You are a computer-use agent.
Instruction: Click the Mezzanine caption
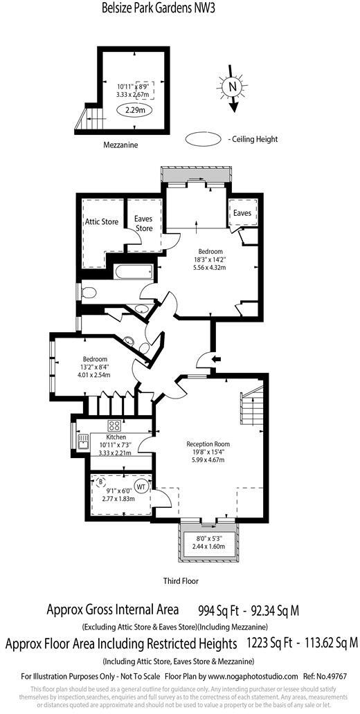coord(120,145)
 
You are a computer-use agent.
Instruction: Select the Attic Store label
coord(102,222)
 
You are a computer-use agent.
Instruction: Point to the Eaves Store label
coord(143,223)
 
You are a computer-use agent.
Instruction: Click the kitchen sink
coord(83,441)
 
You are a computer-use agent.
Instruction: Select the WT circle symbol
coord(141,485)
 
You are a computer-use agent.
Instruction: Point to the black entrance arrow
coord(217,359)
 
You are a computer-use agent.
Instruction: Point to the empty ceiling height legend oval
coord(204,139)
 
